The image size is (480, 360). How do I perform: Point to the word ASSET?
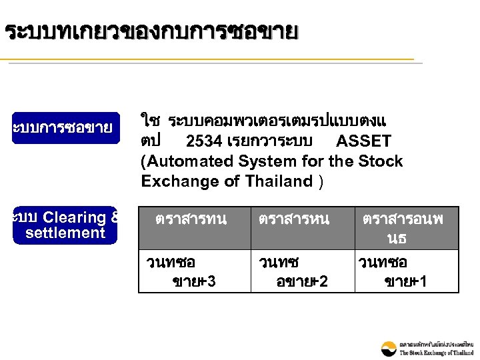363,141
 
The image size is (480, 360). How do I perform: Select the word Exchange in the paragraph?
176,181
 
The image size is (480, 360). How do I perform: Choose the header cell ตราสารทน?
191,219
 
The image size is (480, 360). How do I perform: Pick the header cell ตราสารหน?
294,219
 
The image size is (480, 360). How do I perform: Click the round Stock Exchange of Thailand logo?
389,348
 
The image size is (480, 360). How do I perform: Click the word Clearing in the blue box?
74,217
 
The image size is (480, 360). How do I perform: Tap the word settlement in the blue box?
65,233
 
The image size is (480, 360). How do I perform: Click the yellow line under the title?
207,60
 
